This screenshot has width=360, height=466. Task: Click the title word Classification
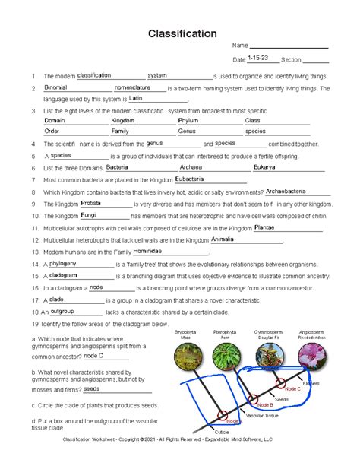pos(180,34)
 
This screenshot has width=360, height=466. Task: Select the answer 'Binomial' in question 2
pos(55,87)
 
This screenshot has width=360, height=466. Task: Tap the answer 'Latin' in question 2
pos(136,98)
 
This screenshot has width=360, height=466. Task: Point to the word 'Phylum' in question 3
pos(188,120)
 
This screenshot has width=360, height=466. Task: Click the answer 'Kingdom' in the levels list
pos(122,120)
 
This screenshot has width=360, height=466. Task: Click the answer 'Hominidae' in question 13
pos(147,250)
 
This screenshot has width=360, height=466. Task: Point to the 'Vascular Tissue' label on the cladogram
pos(263,416)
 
